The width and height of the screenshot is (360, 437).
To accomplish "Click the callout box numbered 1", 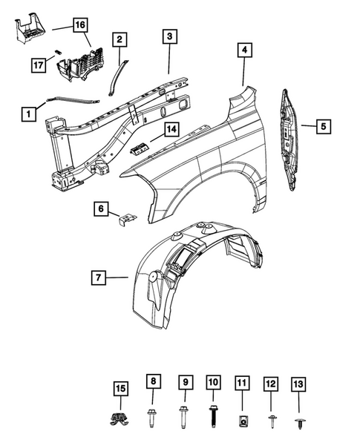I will (x=29, y=114).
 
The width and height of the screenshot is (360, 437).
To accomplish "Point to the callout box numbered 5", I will (x=323, y=127).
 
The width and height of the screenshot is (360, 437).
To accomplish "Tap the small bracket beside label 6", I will (x=128, y=219).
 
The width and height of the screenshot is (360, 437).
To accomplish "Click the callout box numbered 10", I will (x=212, y=383).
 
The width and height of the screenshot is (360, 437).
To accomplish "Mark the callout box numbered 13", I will (x=299, y=383).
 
